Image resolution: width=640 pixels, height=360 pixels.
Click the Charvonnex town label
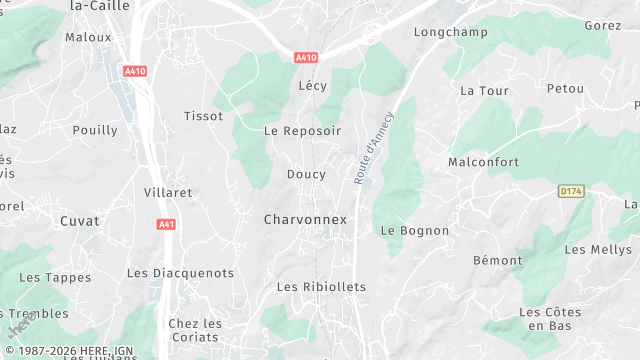[305, 219]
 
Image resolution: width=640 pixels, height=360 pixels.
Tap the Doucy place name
[306, 174]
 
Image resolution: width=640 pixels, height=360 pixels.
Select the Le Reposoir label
[302, 131]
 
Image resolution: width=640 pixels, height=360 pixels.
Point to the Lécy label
[312, 86]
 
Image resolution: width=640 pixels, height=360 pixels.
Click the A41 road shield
[167, 224]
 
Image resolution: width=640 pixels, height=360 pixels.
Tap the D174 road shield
[570, 190]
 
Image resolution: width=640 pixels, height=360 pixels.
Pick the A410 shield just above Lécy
[306, 58]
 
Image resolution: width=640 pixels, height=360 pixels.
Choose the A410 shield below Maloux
[135, 71]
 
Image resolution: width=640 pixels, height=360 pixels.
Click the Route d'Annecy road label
[374, 147]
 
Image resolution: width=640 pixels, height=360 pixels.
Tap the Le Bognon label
[415, 230]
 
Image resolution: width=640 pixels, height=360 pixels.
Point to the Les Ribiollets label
[321, 287]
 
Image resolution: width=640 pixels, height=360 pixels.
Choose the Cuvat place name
[80, 220]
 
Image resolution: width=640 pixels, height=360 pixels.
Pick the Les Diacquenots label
[180, 273]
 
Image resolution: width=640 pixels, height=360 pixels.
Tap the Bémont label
[497, 260]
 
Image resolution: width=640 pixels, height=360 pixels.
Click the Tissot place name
[203, 116]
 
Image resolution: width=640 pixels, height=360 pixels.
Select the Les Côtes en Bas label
[550, 319]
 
